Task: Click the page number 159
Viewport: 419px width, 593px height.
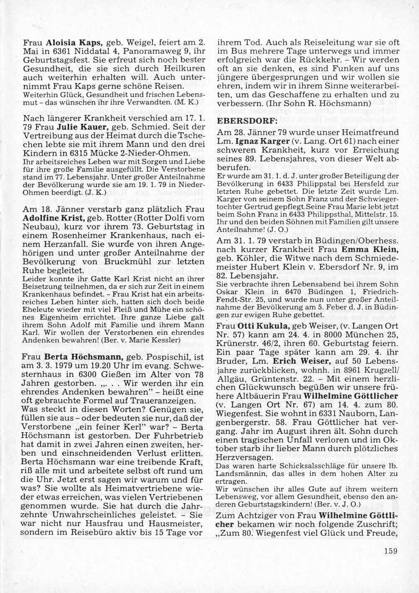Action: pos(390,551)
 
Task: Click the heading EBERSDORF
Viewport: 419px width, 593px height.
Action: pos(242,121)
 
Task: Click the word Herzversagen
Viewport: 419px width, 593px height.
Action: pos(243,457)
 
